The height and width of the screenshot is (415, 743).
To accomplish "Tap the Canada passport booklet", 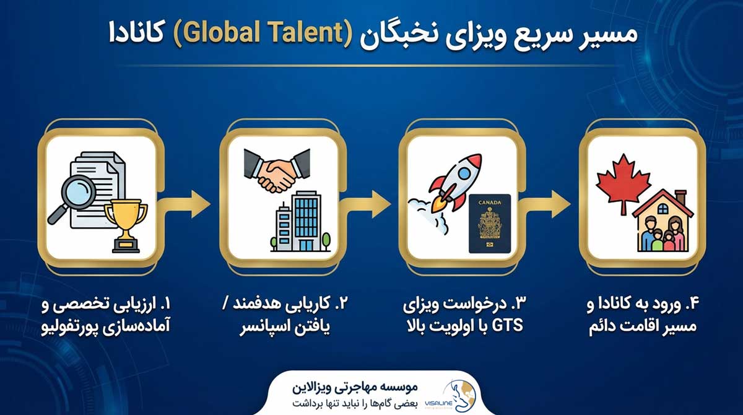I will (x=490, y=223).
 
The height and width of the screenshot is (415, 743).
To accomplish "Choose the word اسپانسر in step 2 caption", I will (x=266, y=326).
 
